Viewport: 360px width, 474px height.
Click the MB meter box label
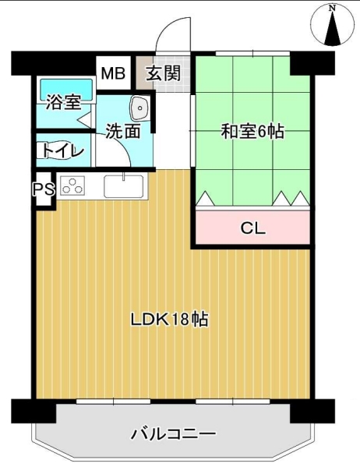[113, 73]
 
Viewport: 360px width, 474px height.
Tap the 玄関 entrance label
[164, 73]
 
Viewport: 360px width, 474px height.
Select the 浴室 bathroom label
[63, 102]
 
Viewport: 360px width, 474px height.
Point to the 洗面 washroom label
[123, 131]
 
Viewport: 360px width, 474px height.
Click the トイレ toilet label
[63, 150]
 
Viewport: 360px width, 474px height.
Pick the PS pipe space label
[44, 189]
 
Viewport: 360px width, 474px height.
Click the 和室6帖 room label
[252, 131]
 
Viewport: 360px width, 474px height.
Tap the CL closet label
[253, 228]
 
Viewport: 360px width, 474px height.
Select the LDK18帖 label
[170, 319]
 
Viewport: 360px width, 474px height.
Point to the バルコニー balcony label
[174, 434]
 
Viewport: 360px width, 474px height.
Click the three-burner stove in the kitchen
[72, 186]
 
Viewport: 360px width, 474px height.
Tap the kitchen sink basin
[124, 186]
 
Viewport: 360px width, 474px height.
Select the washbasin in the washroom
[139, 108]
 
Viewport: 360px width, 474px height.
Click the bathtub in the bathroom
[66, 90]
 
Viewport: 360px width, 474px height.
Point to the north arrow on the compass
[333, 29]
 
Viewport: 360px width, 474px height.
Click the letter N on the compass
[333, 9]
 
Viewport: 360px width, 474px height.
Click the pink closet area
[252, 228]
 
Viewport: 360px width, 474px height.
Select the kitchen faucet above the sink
[124, 176]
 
